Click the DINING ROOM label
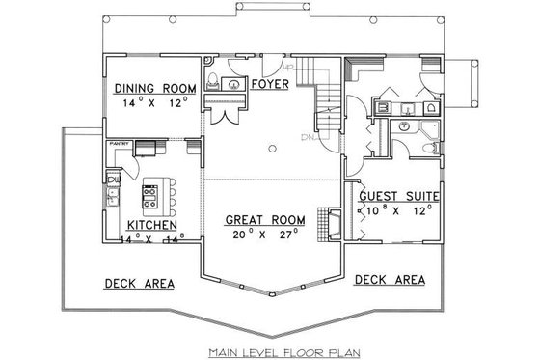tap(154, 85)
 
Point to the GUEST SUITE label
tap(400, 195)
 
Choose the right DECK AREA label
tap(391, 279)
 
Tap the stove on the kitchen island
tap(151, 198)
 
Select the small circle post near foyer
tap(274, 148)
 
